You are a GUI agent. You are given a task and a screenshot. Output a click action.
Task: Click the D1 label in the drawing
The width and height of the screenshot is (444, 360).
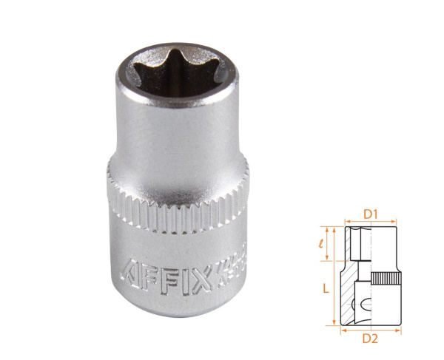371,214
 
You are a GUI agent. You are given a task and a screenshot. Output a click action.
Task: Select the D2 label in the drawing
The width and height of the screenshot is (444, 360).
371,339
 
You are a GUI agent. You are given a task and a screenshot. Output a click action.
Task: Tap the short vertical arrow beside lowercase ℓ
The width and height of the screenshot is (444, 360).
337,243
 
